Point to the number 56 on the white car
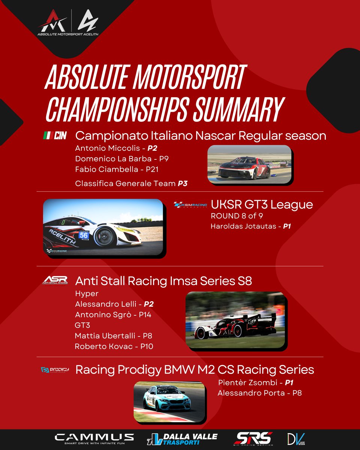tap(84, 235)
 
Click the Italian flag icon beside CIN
tap(46, 135)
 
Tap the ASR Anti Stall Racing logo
tap(55, 280)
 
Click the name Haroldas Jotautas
tap(243, 227)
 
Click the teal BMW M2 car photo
tap(169, 402)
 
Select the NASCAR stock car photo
tap(249, 164)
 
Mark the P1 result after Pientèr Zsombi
tap(288, 382)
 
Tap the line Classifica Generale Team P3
tap(131, 183)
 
